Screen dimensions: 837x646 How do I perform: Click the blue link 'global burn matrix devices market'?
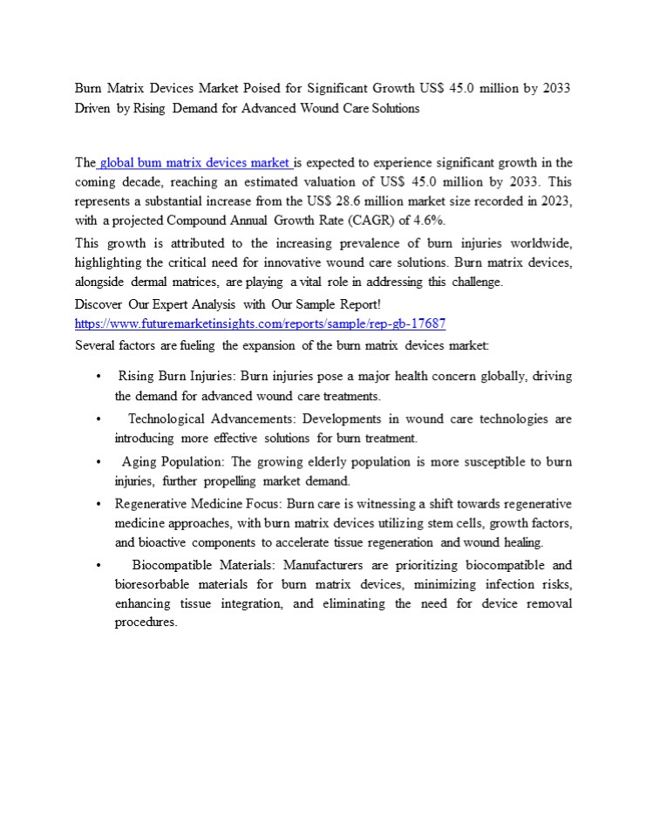click(195, 162)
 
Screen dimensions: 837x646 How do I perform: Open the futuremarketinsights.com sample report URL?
click(261, 323)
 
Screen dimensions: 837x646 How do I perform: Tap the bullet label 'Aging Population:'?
click(174, 461)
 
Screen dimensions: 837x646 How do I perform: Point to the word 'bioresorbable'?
click(150, 584)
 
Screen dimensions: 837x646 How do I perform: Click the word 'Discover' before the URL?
click(98, 304)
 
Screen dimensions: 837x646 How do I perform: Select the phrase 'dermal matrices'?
click(175, 282)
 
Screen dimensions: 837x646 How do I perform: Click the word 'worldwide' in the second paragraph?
click(539, 242)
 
